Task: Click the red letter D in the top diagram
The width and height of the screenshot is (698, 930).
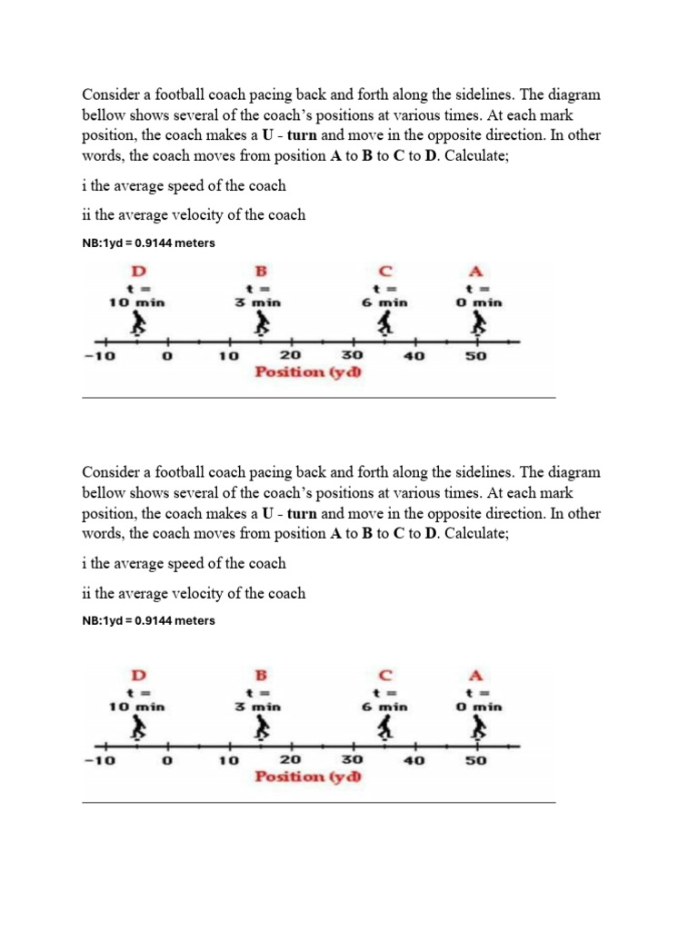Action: point(138,271)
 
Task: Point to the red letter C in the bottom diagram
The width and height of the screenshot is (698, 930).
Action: point(385,675)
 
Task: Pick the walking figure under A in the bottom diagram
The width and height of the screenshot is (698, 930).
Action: point(478,727)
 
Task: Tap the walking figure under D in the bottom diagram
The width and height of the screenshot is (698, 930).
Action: point(138,727)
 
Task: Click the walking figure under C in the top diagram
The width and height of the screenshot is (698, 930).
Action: point(385,323)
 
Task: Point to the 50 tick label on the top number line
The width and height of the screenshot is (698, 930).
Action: point(476,357)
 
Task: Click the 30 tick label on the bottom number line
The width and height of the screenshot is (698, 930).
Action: point(351,760)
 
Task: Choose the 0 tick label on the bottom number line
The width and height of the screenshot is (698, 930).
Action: point(166,761)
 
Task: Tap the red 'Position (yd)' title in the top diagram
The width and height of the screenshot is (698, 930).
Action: point(308,372)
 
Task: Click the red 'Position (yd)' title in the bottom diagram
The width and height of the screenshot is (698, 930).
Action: point(308,777)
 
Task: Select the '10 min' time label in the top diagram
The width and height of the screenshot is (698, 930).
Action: point(138,302)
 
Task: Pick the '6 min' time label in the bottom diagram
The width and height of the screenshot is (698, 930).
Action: point(385,706)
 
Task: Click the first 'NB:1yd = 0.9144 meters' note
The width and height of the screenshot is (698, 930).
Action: point(149,243)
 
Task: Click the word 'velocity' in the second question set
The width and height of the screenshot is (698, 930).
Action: point(207,593)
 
